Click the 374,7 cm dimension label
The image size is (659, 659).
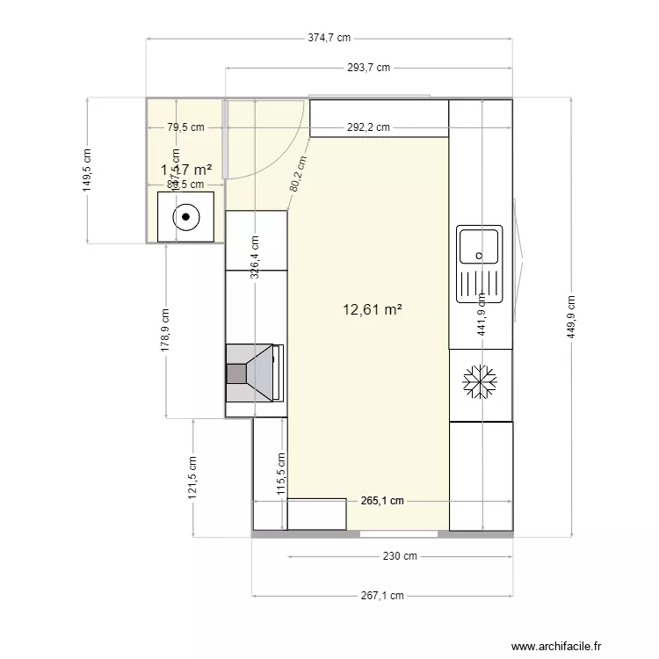click(x=329, y=38)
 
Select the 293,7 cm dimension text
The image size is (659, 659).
click(x=368, y=68)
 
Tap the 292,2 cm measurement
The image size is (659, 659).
click(x=368, y=127)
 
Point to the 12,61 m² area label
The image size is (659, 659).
click(x=373, y=309)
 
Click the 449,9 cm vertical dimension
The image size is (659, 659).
click(x=572, y=315)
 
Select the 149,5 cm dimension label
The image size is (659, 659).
click(x=87, y=170)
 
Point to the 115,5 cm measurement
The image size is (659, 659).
click(x=281, y=475)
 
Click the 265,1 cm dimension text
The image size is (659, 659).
click(x=382, y=501)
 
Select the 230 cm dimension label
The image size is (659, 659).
click(x=400, y=556)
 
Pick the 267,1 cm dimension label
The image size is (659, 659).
click(x=382, y=595)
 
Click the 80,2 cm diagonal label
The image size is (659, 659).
click(x=299, y=174)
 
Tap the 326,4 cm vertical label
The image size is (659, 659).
click(x=254, y=257)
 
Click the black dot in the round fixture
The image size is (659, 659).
click(x=185, y=216)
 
